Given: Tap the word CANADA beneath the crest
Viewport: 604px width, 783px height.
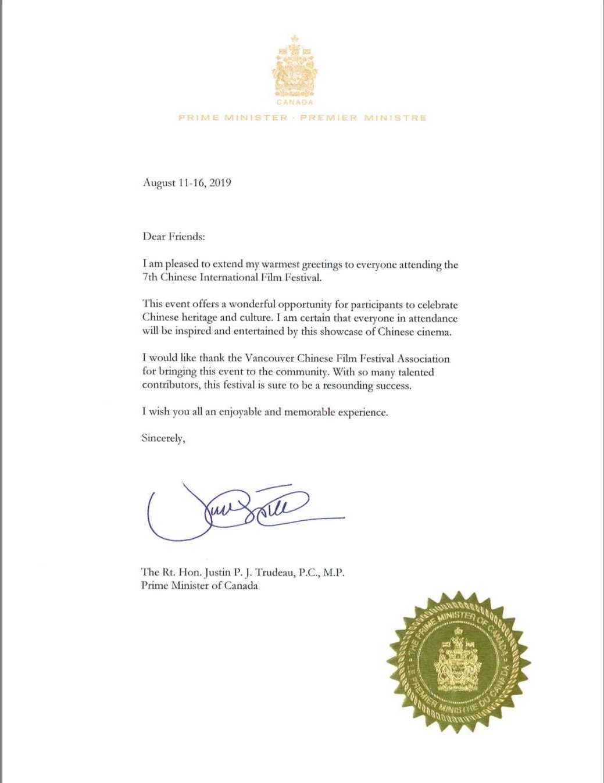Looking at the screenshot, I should coord(295,102).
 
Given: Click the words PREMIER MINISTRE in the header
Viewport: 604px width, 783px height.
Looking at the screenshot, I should coord(363,118).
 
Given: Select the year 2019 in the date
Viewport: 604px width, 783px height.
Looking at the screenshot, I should coord(220,183).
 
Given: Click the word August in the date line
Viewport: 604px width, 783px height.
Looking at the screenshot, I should coord(159,183).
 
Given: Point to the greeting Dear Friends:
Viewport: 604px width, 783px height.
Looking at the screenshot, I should coord(174,237).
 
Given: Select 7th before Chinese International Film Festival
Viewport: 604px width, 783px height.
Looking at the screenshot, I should coord(150,277).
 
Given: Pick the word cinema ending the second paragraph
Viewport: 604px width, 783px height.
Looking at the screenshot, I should coord(433,332).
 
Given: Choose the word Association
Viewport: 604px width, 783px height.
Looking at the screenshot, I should coord(423,358).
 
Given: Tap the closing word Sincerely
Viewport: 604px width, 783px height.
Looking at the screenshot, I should coord(163,438).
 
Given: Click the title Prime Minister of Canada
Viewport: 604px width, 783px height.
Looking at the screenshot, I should coord(199,585).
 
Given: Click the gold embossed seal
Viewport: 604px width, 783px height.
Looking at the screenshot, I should coord(459,662).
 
